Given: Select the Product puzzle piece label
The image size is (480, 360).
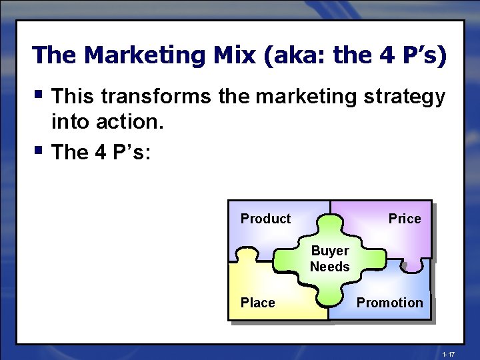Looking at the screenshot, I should point(265,219).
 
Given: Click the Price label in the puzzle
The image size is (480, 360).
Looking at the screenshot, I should point(405,219).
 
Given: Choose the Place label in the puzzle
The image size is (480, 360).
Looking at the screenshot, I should point(257,303).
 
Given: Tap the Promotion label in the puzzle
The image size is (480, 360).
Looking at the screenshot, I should point(389,303).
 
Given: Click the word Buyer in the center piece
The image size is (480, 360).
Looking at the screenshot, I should point(330,251).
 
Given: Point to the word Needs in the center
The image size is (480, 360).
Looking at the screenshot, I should point(330,267).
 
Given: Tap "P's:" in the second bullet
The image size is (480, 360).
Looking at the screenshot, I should point(129,152).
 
